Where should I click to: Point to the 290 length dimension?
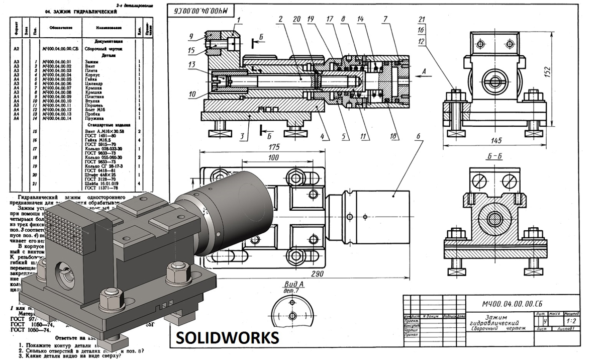[x=316, y=274]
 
